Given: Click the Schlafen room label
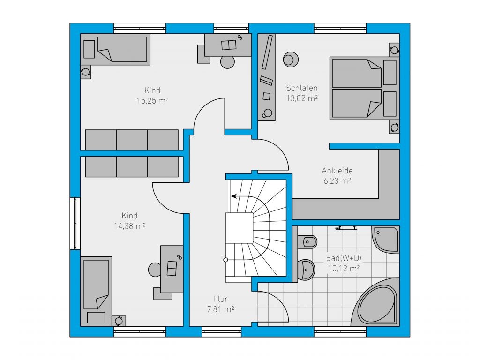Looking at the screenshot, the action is tap(301, 88).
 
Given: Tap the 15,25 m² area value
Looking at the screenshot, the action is tap(152, 101).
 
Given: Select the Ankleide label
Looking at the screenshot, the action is tap(337, 171).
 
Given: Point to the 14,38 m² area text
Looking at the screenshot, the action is tap(129, 226).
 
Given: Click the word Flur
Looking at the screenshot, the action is tap(220, 299).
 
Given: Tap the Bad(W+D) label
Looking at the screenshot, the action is tap(344, 258).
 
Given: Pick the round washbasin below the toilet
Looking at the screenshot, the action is tap(306, 270).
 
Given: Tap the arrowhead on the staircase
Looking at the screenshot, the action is tap(233, 196).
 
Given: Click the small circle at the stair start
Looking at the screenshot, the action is tap(225, 260).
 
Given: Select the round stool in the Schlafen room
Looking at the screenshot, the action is tap(290, 60).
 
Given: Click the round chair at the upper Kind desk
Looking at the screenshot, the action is tap(227, 62).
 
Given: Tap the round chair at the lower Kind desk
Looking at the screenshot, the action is tap(155, 270).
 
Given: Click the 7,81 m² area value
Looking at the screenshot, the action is tap(220, 309).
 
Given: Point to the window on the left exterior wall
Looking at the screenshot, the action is tap(75, 224).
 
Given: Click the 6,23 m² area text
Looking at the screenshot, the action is tap(337, 181).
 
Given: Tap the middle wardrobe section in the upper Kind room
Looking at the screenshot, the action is tap(132, 140).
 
